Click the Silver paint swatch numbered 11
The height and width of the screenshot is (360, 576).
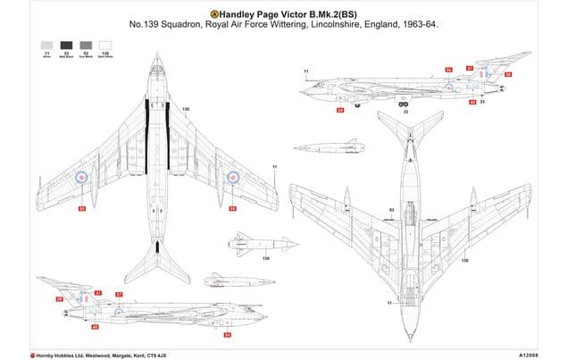coord(46,44)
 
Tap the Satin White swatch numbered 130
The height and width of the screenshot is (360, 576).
coord(106,44)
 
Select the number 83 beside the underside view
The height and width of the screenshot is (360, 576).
coord(392,210)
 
